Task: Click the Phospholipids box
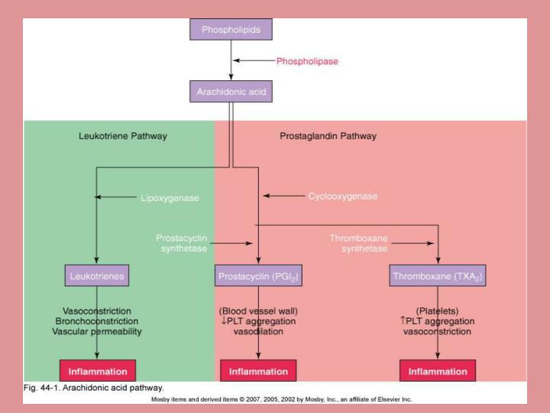231,29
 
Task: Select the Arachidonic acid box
231,92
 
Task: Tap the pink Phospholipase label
306,60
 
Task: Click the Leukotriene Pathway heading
123,136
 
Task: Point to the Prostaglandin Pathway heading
328,136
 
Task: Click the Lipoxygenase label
170,198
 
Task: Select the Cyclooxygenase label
342,197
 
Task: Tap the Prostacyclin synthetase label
182,243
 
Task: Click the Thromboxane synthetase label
358,243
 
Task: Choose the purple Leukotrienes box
97,275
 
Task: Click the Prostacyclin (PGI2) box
259,275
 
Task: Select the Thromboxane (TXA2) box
438,275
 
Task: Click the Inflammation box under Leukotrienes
97,371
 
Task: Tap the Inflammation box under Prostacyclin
259,372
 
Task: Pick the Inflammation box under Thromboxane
438,372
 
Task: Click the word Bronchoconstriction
97,321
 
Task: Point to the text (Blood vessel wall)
258,311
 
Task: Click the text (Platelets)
438,311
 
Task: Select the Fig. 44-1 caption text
94,388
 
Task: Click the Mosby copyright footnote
281,399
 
